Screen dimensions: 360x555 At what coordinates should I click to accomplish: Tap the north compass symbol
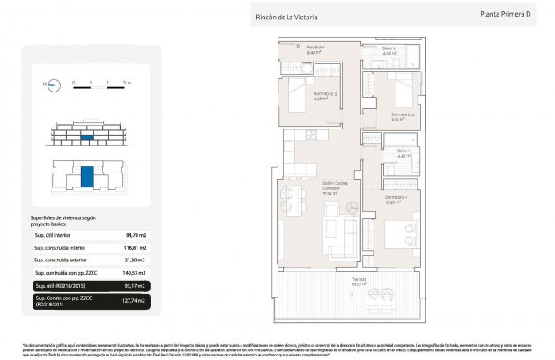[x=53, y=85]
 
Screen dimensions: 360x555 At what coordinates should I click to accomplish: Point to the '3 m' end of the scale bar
[x=127, y=82]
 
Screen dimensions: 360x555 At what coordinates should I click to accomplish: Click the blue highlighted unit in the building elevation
[x=87, y=138]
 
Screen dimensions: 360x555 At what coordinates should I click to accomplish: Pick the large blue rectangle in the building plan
[x=87, y=175]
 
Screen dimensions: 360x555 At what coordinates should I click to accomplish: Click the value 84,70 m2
[x=135, y=235]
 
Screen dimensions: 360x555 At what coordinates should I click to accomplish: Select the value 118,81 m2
[x=134, y=248]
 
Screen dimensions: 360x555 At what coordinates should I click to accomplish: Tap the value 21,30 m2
[x=135, y=261]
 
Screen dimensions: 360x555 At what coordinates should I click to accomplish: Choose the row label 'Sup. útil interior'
[x=53, y=235]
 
